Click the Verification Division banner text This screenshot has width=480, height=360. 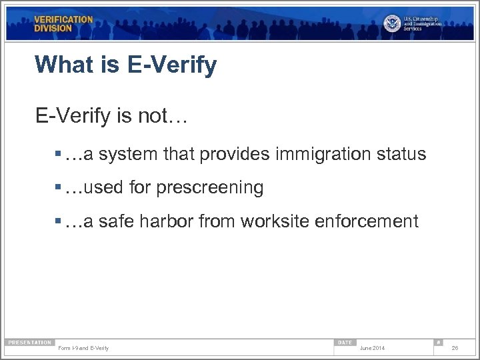pyautogui.click(x=64, y=24)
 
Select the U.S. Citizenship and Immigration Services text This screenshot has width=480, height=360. pyautogui.click(x=422, y=23)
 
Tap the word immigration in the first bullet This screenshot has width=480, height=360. pyautogui.click(x=317, y=154)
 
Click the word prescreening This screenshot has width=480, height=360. pyautogui.click(x=210, y=188)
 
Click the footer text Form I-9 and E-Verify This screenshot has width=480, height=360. pyautogui.click(x=84, y=349)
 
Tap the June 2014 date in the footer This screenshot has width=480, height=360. pyautogui.click(x=372, y=349)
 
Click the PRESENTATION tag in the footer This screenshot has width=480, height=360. pyautogui.click(x=29, y=343)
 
